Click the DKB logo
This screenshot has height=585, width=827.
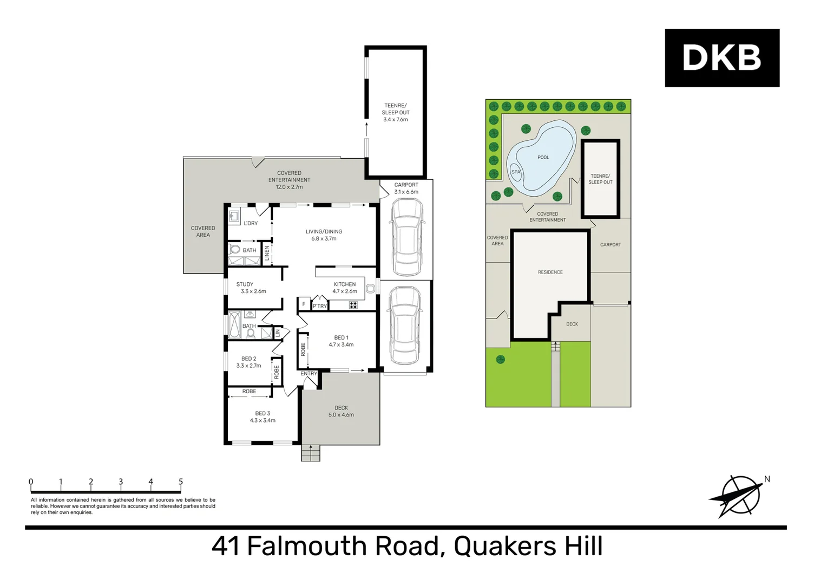click(721, 58)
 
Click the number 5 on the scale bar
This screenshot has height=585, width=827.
click(181, 482)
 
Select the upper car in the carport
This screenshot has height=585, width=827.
click(406, 237)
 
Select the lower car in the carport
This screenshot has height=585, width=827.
click(405, 326)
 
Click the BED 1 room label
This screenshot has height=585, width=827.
click(341, 337)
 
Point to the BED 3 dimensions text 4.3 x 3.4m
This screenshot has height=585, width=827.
click(262, 420)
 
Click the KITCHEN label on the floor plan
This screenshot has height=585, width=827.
click(345, 284)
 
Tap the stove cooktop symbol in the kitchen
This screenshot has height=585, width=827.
click(353, 305)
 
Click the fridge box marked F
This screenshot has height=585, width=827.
click(304, 304)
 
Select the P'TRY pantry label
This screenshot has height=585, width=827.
click(320, 306)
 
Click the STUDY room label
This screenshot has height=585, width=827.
click(245, 284)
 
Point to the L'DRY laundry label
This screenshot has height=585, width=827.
click(251, 223)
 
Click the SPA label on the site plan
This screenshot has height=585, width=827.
click(516, 172)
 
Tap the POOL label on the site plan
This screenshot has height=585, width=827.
click(543, 158)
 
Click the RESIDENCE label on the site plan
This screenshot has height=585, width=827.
click(550, 272)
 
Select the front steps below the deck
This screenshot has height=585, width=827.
click(311, 453)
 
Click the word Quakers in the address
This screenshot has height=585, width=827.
click(504, 546)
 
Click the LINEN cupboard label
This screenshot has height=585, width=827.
click(267, 253)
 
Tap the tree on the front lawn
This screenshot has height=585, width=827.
click(501, 359)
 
